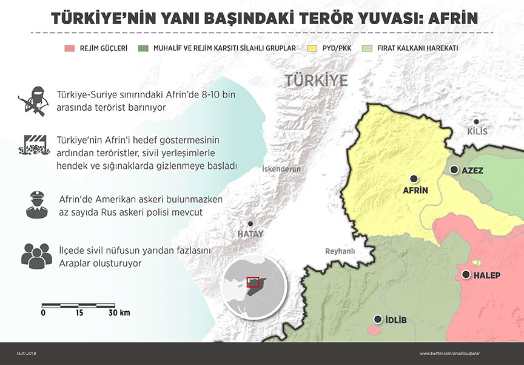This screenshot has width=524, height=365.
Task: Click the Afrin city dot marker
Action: pyautogui.click(x=414, y=179)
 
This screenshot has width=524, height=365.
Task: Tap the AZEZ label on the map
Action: pyautogui.click(x=472, y=171)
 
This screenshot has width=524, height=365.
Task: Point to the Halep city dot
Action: pyautogui.click(x=466, y=275)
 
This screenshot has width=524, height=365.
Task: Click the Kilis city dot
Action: pyautogui.click(x=477, y=122)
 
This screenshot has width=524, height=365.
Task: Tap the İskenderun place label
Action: pyautogui.click(x=281, y=169)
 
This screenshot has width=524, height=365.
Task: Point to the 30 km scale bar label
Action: pyautogui.click(x=119, y=313)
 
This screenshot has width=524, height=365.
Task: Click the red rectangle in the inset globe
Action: pyautogui.click(x=253, y=282)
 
